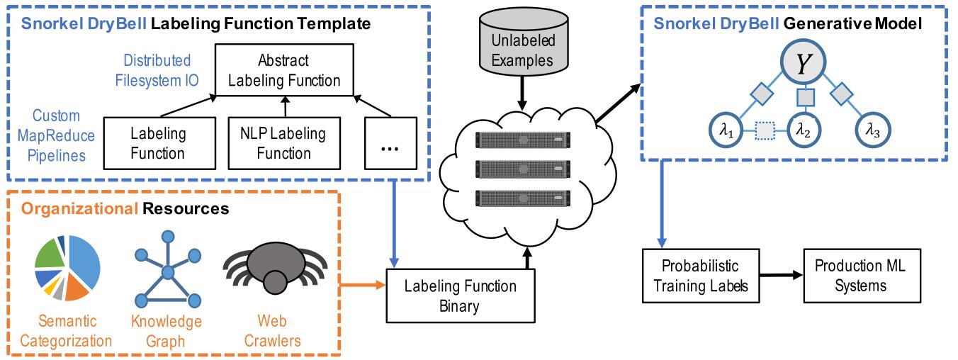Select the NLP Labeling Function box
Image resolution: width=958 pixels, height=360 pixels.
[x=283, y=143]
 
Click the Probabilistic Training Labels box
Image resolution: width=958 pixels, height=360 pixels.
[x=699, y=276]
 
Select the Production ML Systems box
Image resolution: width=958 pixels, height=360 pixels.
[x=860, y=276]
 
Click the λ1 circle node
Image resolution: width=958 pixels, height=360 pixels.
[x=728, y=130]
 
